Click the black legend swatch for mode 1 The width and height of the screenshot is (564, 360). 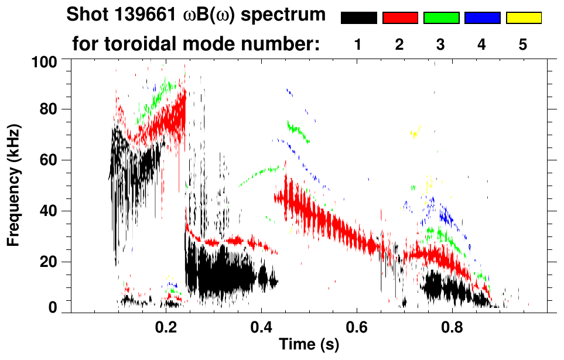[358, 18]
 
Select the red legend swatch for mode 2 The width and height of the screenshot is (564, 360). [400, 18]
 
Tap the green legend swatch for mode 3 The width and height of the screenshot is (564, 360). [441, 18]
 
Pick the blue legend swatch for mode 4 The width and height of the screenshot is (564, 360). [482, 18]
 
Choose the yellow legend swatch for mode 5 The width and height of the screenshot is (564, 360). [524, 18]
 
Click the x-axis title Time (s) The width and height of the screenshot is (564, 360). [309, 345]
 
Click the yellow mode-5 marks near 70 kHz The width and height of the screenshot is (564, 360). [415, 133]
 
